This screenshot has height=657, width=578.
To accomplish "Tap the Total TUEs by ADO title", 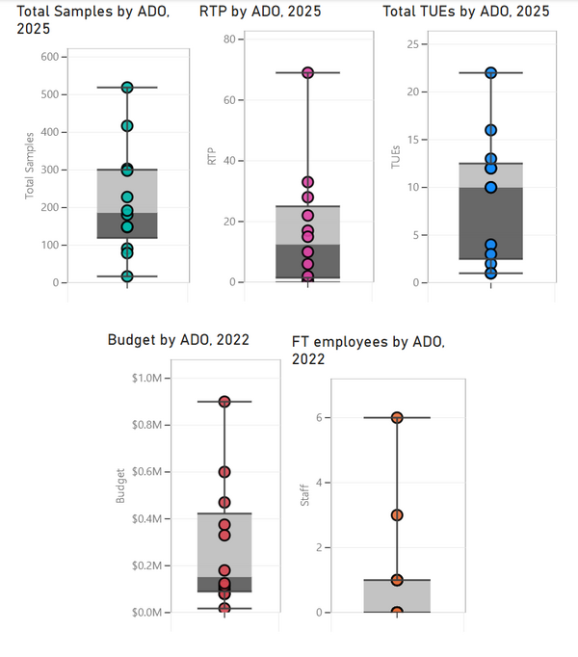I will tap(466, 12).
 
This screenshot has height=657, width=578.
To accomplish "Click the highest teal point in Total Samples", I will tap(127, 88).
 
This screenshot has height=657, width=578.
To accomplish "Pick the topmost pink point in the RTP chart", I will tap(308, 72).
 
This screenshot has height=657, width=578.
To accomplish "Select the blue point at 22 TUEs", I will tap(490, 73).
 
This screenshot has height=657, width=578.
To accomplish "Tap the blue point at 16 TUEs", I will tap(490, 130).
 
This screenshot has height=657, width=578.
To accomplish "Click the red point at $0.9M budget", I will tap(224, 402).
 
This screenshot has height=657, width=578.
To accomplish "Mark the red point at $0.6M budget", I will tap(224, 472).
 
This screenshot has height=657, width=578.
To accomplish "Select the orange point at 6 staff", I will tap(397, 417).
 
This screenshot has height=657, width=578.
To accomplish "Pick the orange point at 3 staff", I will tap(397, 515).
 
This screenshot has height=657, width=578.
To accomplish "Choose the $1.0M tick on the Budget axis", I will tap(150, 378).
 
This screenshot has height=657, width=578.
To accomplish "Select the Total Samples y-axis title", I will tap(28, 170).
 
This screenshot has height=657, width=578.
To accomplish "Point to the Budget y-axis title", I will tap(120, 486).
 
